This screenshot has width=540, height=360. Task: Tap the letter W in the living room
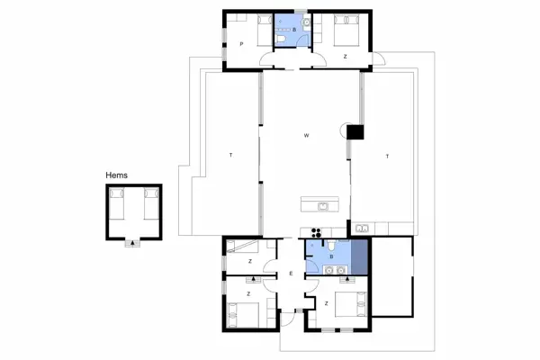click(307, 136)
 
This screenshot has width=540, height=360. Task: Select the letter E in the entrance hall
click(291, 274)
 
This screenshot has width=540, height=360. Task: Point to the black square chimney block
click(355, 131)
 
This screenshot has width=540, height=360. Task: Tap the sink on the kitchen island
click(322, 204)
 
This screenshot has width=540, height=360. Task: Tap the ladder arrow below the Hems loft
click(133, 241)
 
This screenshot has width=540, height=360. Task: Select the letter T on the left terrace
click(231, 157)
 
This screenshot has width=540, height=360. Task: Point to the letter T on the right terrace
click(387, 157)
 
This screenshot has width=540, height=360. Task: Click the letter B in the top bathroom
click(293, 31)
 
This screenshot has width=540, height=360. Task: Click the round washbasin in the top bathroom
click(305, 22)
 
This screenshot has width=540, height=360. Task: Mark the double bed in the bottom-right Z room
click(349, 307)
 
